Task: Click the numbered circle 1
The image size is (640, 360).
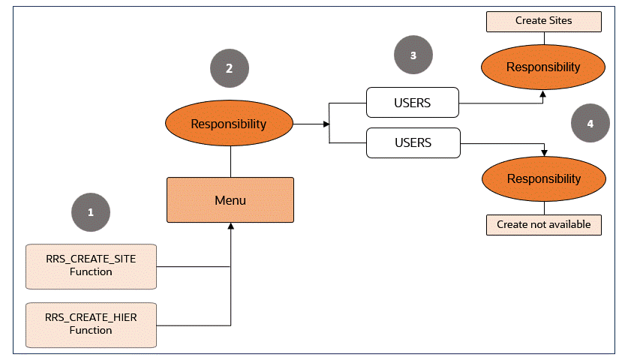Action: [91, 212]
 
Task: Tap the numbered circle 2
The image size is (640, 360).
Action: [229, 67]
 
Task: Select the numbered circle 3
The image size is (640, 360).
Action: [413, 55]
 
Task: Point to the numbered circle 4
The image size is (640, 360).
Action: [590, 124]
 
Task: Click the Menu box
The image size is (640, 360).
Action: [230, 200]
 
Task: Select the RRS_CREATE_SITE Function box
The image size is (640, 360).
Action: [91, 266]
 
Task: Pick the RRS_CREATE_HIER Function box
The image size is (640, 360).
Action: [91, 325]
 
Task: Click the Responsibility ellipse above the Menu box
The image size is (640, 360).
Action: [229, 124]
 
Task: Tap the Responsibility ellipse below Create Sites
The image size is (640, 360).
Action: [543, 67]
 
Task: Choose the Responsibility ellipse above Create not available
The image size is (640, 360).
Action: [543, 179]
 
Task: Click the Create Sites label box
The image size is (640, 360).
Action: [543, 21]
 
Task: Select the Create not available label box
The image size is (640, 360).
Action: [543, 224]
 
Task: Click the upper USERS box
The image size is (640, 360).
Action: [412, 103]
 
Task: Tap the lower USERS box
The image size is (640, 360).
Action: [412, 142]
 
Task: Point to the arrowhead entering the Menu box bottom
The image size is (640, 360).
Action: [230, 226]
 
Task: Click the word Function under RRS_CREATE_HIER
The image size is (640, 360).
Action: [91, 331]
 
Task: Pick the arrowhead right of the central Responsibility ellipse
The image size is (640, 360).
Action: [326, 124]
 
